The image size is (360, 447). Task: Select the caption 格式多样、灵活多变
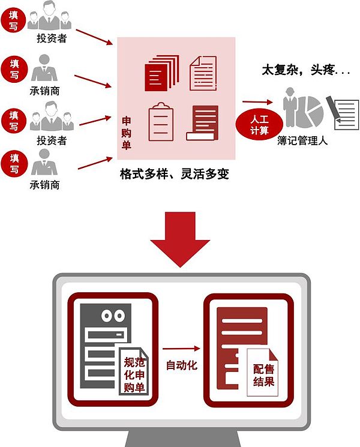click(x=175, y=175)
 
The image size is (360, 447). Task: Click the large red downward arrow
click(x=179, y=237)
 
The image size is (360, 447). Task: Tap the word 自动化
click(x=181, y=365)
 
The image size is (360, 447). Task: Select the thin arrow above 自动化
click(x=181, y=347)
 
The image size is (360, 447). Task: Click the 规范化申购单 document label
click(x=134, y=374)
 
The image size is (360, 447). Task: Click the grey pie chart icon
click(x=311, y=110)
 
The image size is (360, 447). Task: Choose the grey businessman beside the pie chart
click(x=290, y=108)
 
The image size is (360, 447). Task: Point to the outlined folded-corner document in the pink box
click(x=202, y=73)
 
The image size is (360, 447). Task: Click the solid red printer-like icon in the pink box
click(x=202, y=122)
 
